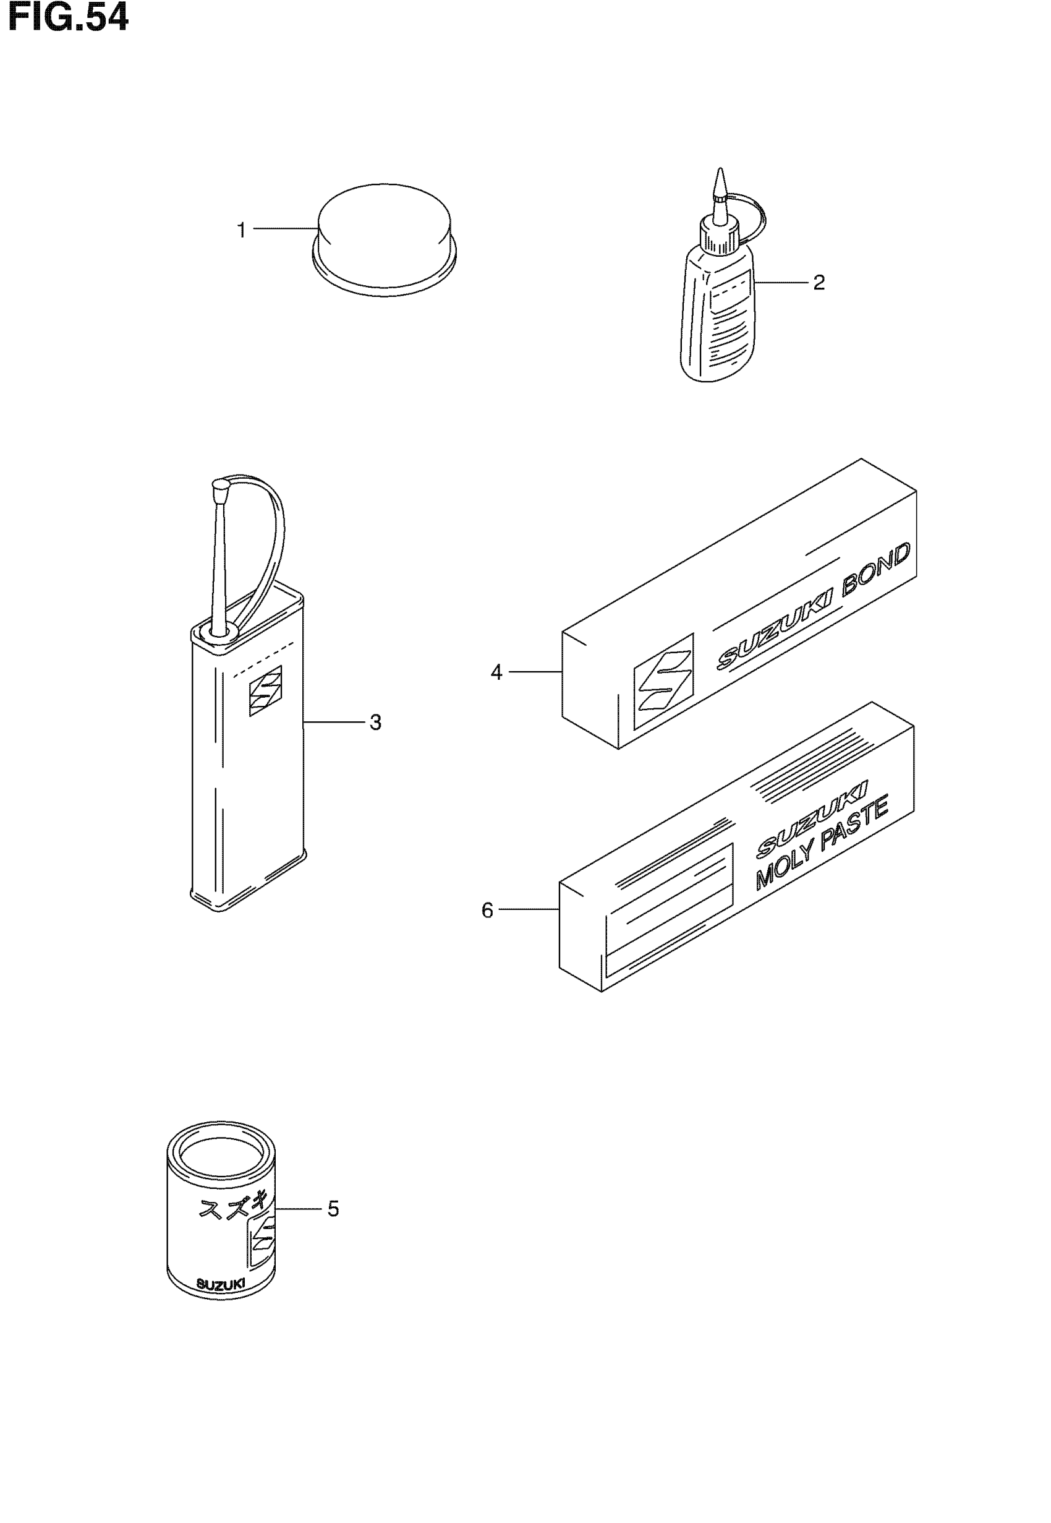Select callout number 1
pos(241,231)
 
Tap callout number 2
pos(819,283)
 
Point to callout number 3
pos(375,723)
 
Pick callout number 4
pos(496,672)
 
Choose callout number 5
pos(333,1209)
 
